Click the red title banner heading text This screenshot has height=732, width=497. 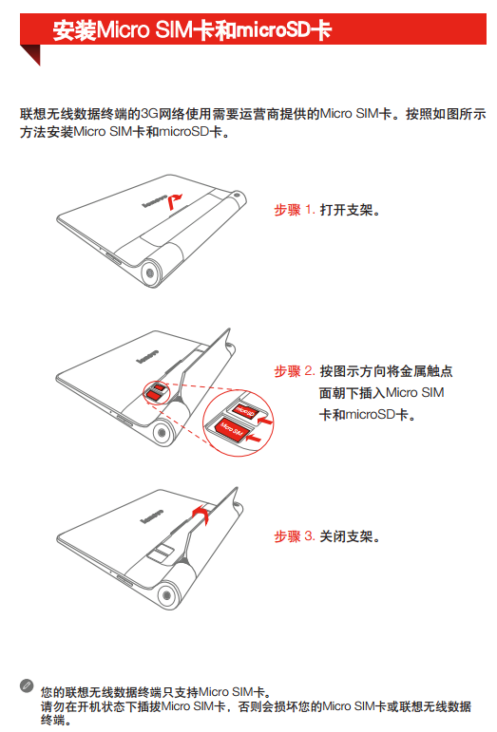click(192, 30)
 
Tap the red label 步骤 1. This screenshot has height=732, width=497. click(295, 210)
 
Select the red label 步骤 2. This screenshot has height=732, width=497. click(295, 371)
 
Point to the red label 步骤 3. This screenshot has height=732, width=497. click(295, 536)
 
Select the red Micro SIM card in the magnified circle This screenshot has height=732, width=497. click(230, 429)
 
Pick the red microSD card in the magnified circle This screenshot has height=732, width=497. click(245, 411)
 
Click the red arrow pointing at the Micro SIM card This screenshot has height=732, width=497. click(255, 438)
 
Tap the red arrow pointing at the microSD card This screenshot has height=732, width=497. click(265, 422)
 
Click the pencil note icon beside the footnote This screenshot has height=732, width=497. click(27, 685)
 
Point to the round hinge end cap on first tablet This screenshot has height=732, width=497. click(150, 273)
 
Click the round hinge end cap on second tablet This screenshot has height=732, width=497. click(162, 432)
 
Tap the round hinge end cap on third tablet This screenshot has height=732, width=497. click(165, 595)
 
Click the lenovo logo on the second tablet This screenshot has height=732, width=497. click(147, 357)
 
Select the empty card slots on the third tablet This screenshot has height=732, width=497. click(161, 552)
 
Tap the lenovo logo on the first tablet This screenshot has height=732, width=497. click(154, 201)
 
